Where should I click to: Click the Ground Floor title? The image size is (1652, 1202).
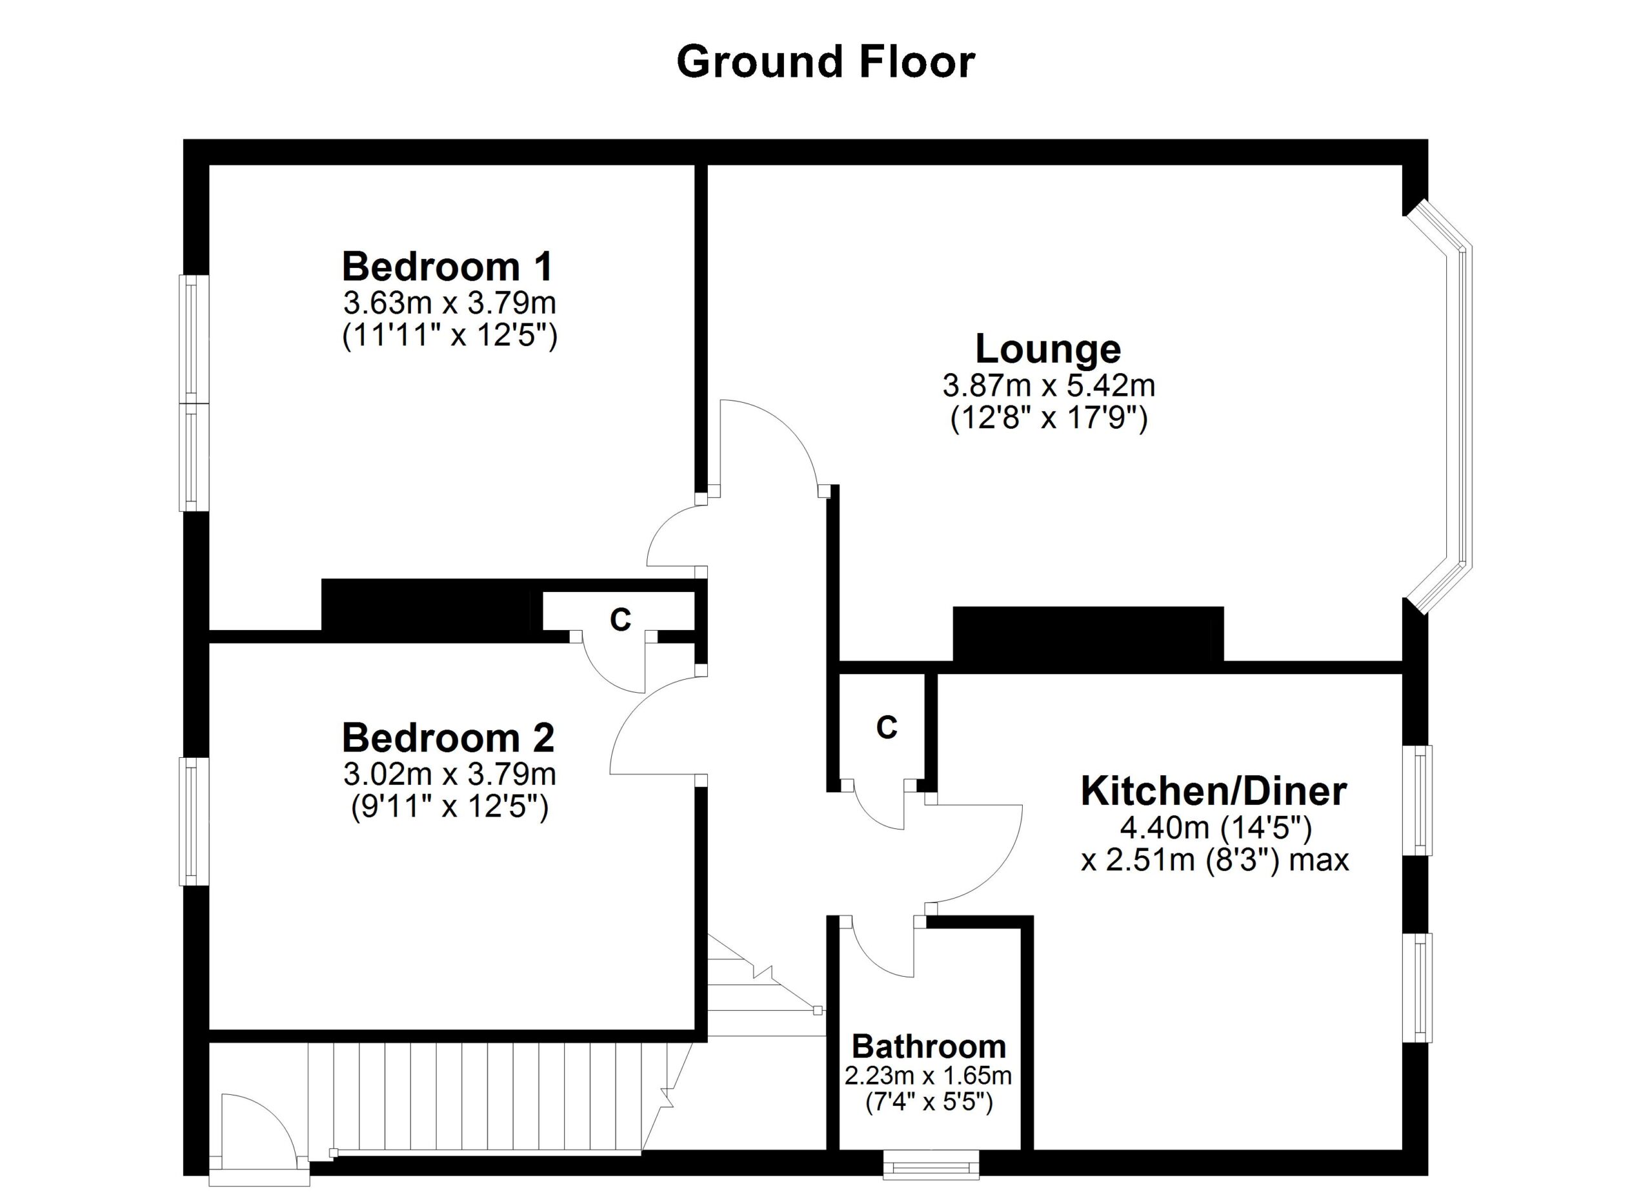point(825,62)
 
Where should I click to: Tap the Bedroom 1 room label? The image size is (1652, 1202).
point(447,267)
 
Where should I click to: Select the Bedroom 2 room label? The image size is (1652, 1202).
point(448,738)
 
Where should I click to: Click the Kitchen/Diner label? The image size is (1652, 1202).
point(1213,791)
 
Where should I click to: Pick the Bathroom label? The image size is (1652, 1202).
point(929,1047)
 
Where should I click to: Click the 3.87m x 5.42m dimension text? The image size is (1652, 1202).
point(1048,385)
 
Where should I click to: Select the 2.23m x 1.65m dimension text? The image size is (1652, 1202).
point(928,1075)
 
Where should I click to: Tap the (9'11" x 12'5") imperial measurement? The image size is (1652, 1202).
point(448,807)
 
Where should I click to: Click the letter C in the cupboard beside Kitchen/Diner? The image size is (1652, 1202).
point(887,727)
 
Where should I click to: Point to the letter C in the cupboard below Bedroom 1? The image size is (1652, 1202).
point(620,620)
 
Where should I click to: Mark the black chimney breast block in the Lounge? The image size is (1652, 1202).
point(1087,634)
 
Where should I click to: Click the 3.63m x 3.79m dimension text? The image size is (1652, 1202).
point(449,301)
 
